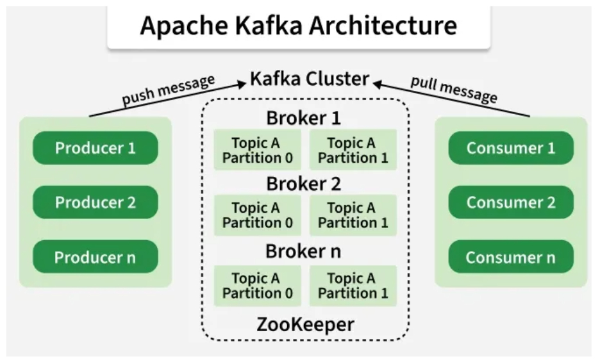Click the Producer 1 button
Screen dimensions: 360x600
tap(95, 148)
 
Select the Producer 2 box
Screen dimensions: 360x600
tap(95, 202)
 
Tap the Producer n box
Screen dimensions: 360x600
tap(95, 257)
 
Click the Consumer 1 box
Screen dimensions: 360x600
tap(510, 148)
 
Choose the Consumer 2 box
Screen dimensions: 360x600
tap(510, 202)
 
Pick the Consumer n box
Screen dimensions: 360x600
tap(510, 257)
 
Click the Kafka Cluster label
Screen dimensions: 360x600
tap(310, 79)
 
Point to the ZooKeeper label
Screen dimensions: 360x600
tap(305, 324)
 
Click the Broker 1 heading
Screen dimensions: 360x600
tap(304, 119)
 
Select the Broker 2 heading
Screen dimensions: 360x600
tap(304, 184)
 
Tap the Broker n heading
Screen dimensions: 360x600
tap(304, 251)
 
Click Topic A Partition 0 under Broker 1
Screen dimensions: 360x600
tap(257, 150)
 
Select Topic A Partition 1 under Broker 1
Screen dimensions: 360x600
tap(353, 150)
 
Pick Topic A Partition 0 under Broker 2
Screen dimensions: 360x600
tap(257, 215)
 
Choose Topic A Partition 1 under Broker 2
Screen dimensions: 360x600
tap(353, 215)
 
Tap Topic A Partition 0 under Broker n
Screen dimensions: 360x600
tap(257, 286)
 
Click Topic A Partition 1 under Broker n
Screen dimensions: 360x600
tap(353, 286)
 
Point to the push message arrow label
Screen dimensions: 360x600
tap(168, 91)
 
